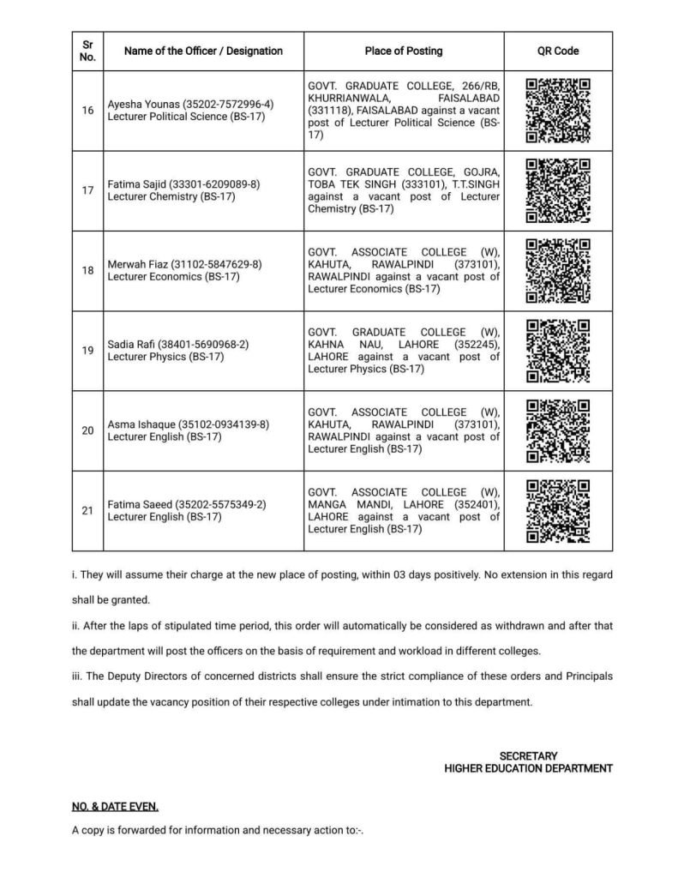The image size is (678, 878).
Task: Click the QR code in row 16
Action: pos(558,111)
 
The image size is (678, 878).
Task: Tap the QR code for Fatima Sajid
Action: pos(558,190)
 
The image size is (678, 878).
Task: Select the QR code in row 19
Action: pos(558,350)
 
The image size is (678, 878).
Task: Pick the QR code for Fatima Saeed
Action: pos(558,510)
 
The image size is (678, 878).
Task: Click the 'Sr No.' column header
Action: pos(87,51)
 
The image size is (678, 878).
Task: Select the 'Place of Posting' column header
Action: pos(404,51)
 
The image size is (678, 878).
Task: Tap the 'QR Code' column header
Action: pos(558,51)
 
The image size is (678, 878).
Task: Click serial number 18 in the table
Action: pos(87,270)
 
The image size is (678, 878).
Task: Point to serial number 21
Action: pos(87,510)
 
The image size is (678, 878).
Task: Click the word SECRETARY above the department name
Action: pos(528,756)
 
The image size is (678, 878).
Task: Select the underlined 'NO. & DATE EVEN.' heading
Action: pos(115,807)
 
